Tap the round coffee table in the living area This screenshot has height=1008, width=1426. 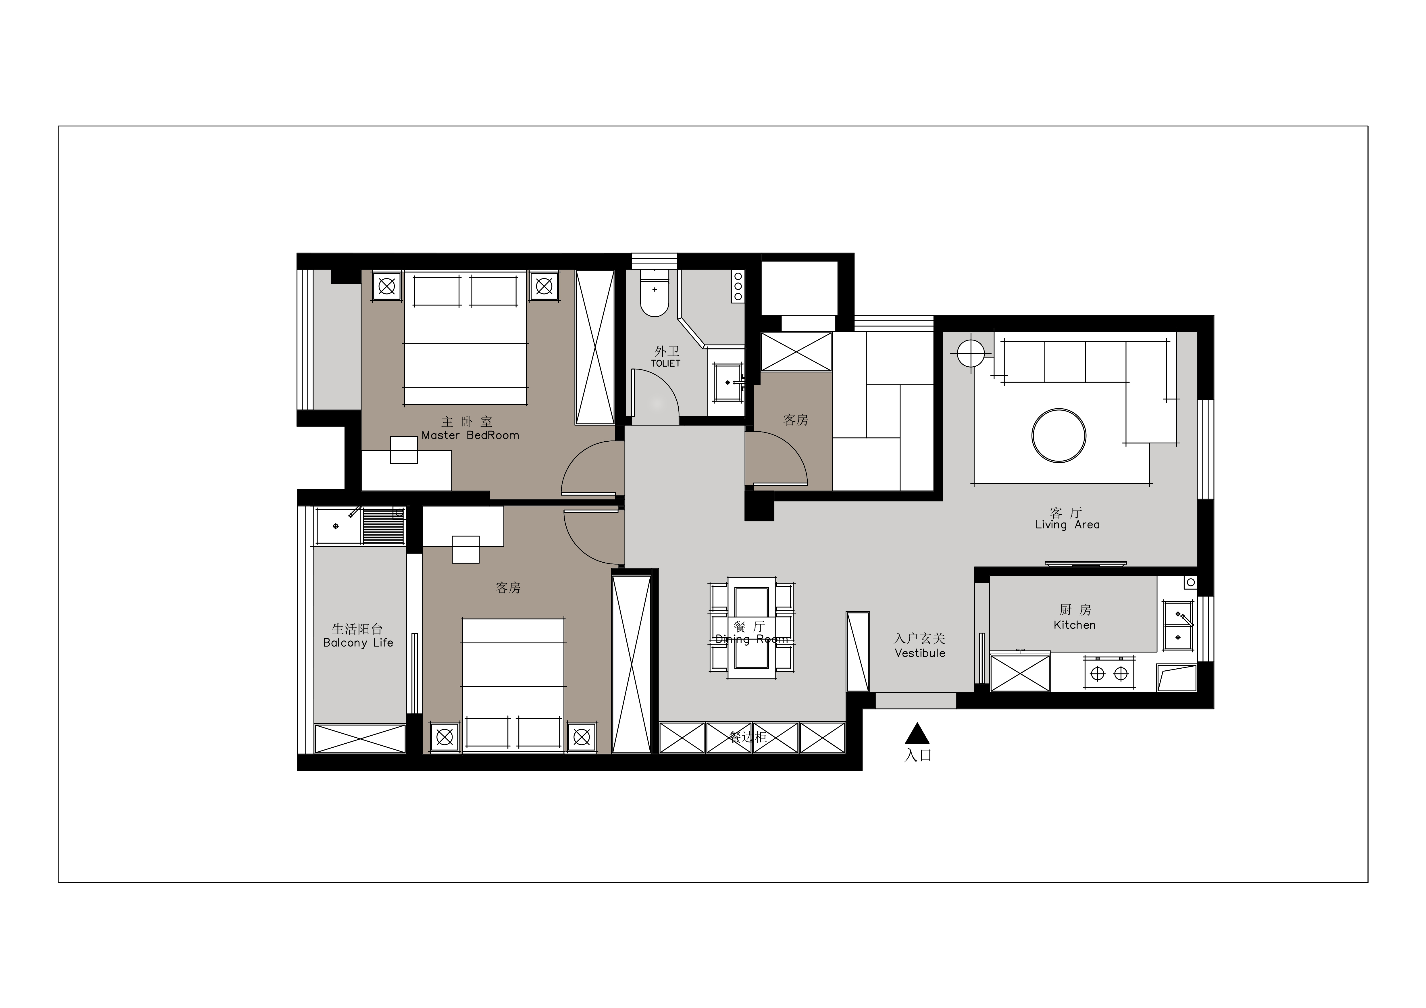(x=1059, y=435)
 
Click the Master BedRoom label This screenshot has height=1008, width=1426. (x=470, y=435)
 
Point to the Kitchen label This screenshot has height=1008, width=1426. (x=1075, y=625)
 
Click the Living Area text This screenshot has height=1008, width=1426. (x=1067, y=525)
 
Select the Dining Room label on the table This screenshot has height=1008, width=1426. (x=752, y=639)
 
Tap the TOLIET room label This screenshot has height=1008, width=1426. (x=666, y=363)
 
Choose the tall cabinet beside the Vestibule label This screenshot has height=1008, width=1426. (x=858, y=651)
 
